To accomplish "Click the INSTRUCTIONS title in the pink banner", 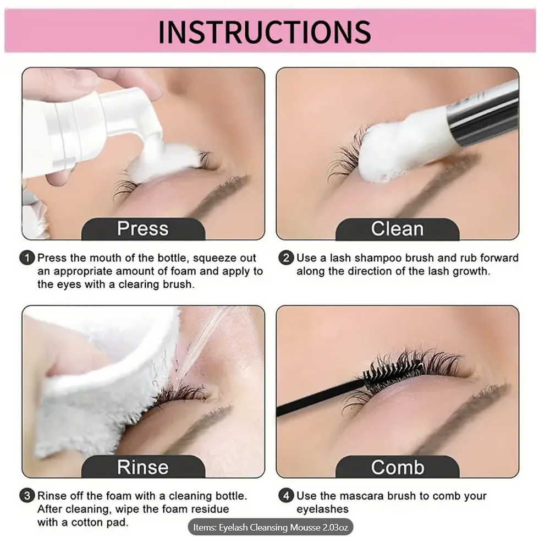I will click(264, 32).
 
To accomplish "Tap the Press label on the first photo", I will click(142, 229).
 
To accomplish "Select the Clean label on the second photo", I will click(397, 229).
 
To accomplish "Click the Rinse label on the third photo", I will click(142, 467).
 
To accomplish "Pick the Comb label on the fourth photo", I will click(397, 467).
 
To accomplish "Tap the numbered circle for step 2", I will click(286, 257).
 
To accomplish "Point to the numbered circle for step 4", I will click(286, 496).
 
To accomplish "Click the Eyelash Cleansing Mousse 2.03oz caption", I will click(270, 528).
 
